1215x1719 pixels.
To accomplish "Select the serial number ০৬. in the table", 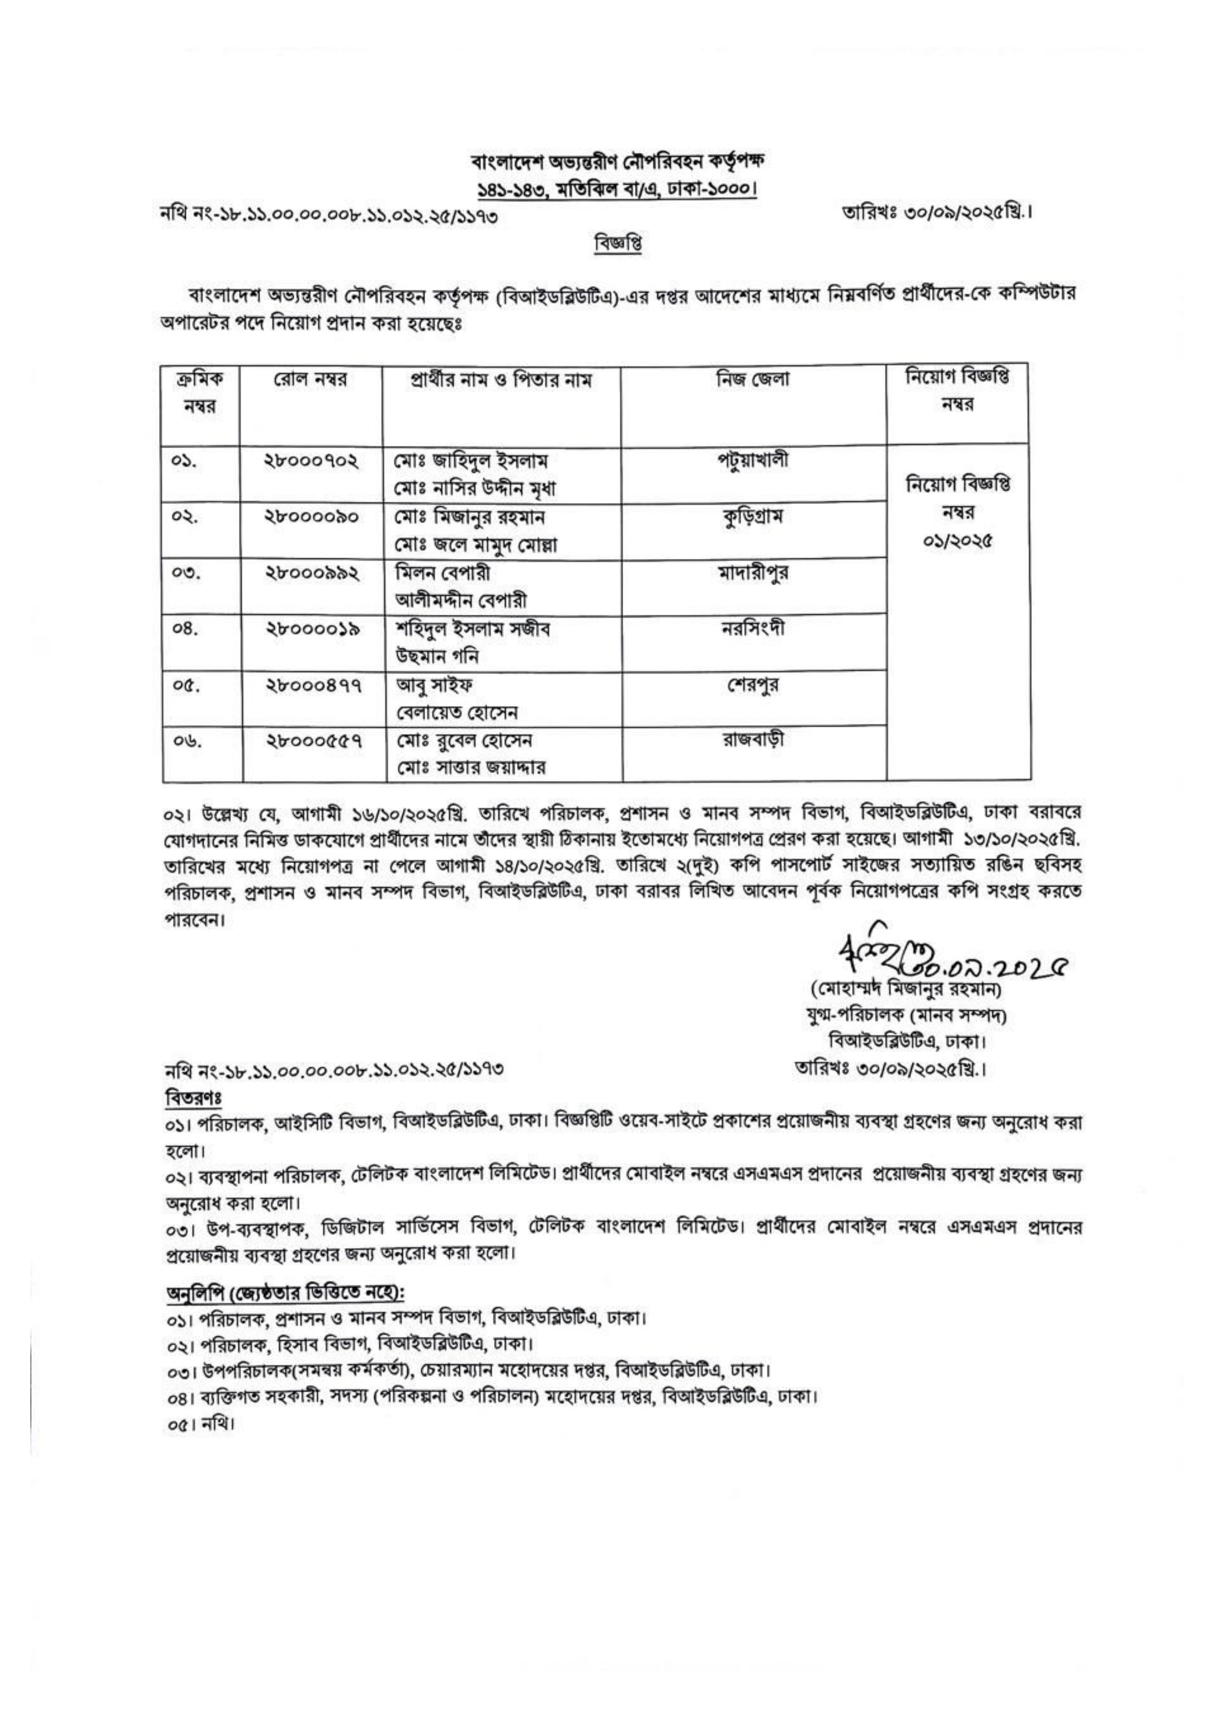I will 183,744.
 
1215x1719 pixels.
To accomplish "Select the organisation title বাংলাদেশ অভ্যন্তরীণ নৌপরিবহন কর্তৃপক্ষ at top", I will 615,160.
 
